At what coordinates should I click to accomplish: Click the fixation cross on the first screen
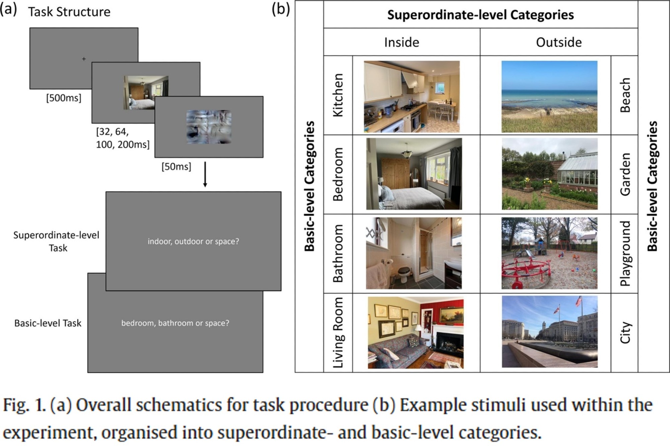point(84,59)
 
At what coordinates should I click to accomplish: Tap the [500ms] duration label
point(64,98)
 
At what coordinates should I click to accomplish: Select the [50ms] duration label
point(176,167)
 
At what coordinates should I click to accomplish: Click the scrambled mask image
point(209,127)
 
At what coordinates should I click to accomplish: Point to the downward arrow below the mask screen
point(205,175)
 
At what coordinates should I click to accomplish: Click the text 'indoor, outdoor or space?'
point(193,242)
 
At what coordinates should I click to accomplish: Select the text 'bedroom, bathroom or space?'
point(175,323)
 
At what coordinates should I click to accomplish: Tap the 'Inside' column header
point(401,42)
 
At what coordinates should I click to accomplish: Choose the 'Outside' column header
point(558,42)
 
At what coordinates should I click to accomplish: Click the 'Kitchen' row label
point(338,95)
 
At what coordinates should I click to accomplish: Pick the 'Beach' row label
point(625,95)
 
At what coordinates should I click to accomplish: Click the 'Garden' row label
point(625,175)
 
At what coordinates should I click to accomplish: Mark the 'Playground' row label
point(625,253)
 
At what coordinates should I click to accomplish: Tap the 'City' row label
point(625,333)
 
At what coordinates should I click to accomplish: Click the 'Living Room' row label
point(338,333)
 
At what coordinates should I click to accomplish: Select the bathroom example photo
point(414,253)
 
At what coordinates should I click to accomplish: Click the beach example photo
point(549,97)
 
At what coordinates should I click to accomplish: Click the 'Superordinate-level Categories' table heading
point(480,15)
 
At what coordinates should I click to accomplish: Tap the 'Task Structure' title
point(69,12)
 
